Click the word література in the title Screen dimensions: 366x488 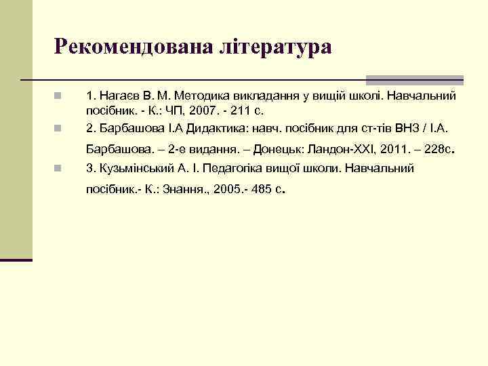[x=275, y=47]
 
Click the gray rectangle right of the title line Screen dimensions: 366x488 [x=414, y=79]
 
